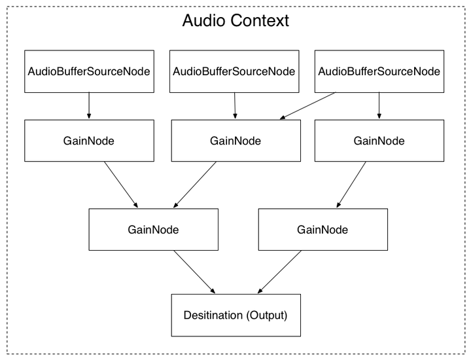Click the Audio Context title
[235, 20]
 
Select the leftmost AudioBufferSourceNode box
[89, 71]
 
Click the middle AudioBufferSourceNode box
[235, 71]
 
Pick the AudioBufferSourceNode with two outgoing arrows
[379, 71]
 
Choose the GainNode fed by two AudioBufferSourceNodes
[235, 141]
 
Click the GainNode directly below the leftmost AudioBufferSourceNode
[89, 141]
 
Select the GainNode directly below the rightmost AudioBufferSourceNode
[379, 141]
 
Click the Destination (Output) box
[235, 315]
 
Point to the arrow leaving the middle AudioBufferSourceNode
[235, 106]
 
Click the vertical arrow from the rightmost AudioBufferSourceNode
[379, 106]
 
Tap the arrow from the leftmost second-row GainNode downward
[122, 185]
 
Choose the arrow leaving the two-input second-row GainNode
[195, 185]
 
